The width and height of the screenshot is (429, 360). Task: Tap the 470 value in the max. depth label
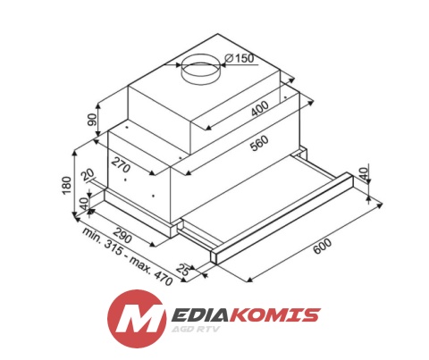point(162,277)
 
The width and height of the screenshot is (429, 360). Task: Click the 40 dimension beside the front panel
point(363,173)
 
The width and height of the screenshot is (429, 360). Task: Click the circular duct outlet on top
point(200,71)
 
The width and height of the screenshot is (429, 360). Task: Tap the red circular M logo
point(136,319)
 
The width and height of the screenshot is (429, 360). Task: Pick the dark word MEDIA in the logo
point(198,314)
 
